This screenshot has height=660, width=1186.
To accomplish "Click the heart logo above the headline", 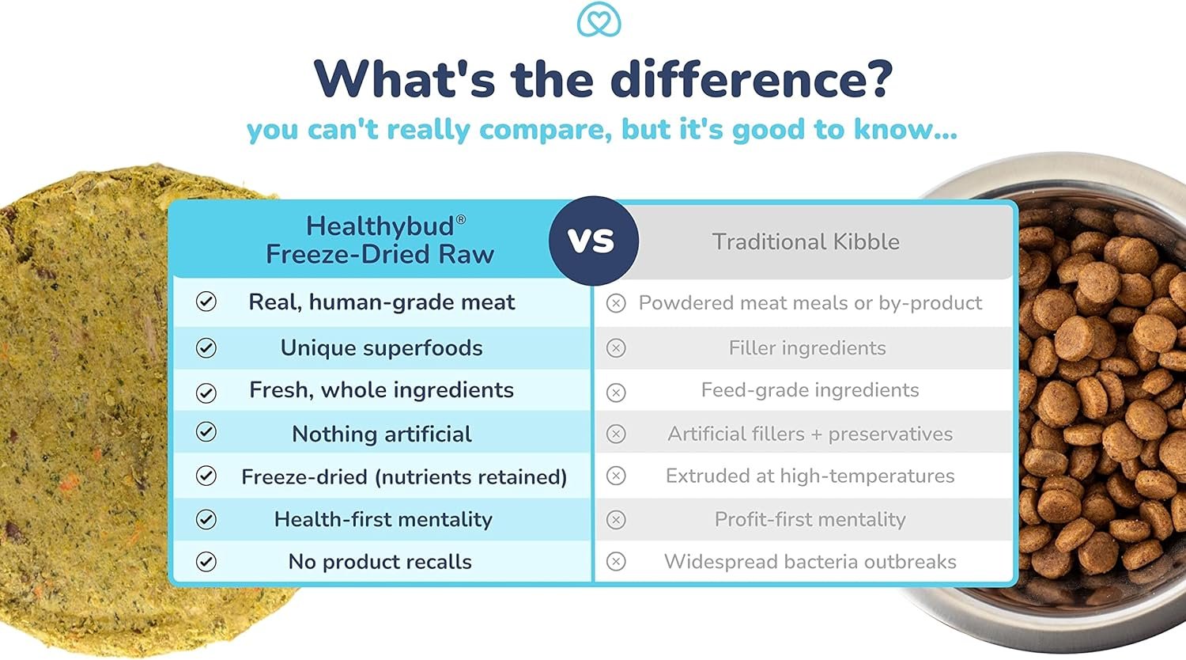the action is pos(599,20).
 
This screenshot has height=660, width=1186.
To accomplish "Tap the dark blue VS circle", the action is pos(594,241).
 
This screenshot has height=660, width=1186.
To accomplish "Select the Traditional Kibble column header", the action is pos(806,241).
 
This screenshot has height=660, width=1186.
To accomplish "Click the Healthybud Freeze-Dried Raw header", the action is pos(380,240).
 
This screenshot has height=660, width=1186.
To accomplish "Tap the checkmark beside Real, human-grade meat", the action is pos(206,302).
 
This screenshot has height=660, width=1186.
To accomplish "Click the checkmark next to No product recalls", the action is pos(206,561).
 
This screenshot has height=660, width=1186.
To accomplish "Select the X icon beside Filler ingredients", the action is pos(616,348).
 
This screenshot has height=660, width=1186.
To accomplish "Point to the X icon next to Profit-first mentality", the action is pos(616,519).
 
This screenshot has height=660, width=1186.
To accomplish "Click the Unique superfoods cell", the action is pos(381,348).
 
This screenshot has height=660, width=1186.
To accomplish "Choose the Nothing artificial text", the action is pos(381,434).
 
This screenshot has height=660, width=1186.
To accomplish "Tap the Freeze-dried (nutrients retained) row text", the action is pos(404,476).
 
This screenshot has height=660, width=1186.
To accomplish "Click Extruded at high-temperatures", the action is pos(810,476).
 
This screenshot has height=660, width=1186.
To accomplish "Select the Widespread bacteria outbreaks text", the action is pos(810,561).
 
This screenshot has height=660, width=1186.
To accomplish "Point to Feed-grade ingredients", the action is pos(810,390).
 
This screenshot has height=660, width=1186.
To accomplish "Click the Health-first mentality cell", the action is pos(383,519).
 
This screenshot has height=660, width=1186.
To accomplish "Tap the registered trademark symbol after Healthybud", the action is pos(461,219).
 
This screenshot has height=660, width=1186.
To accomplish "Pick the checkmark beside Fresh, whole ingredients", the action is pos(206,393).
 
